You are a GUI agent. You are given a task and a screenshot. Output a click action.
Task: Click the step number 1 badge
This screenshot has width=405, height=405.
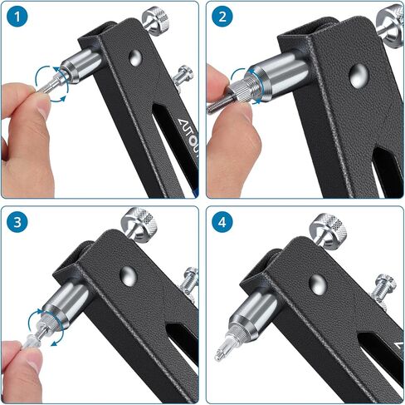17,17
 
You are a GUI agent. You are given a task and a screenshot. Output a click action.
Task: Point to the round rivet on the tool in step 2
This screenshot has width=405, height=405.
358,77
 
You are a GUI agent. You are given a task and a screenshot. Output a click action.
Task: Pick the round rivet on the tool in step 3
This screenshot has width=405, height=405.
127,276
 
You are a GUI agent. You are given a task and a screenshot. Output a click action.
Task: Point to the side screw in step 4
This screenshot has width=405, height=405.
383,288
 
